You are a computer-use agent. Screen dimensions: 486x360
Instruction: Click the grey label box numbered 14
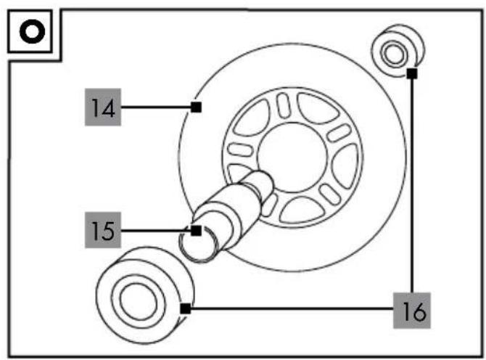tap(103, 107)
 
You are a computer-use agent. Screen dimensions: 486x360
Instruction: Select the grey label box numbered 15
tap(103, 230)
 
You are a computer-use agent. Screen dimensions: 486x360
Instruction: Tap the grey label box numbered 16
tap(412, 310)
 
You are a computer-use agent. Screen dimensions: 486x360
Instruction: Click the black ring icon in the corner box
tap(32, 31)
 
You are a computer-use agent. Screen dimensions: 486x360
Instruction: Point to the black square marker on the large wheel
tap(196, 107)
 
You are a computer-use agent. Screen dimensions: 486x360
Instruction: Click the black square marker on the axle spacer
tap(196, 231)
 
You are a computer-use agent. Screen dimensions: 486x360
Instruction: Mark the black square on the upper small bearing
tap(412, 73)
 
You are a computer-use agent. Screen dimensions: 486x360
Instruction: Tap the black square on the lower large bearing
tap(186, 309)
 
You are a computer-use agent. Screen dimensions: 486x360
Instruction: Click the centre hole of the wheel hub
tap(292, 157)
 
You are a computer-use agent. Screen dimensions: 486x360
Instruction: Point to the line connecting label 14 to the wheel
tap(156, 107)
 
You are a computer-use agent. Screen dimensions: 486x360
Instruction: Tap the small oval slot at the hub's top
tap(284, 106)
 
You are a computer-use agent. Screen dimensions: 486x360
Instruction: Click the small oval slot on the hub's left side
tap(240, 150)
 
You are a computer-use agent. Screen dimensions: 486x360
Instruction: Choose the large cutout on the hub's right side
tap(345, 166)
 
